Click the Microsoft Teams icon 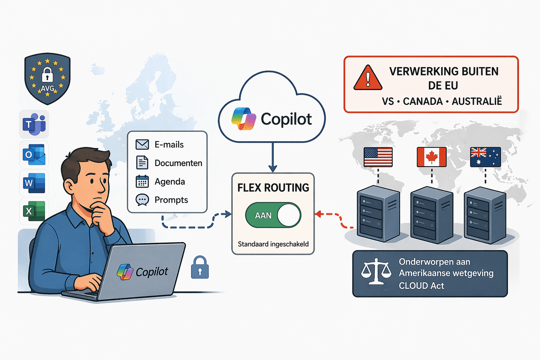pos(34,124)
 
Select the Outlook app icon pos(34,154)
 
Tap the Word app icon pos(34,183)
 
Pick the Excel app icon pos(34,211)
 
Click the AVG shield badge pos(47,79)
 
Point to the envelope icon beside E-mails pos(142,144)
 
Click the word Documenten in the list pos(178,163)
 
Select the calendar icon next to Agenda pos(142,182)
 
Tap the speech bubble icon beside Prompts pos(142,200)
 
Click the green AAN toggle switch pos(273,215)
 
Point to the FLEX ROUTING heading pos(273,188)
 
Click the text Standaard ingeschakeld pos(273,244)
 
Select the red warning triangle pos(368,78)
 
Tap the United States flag pos(378,157)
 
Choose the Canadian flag pos(431,157)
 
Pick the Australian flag pos(485,157)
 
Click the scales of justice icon pos(376,271)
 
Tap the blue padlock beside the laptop pos(200,268)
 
